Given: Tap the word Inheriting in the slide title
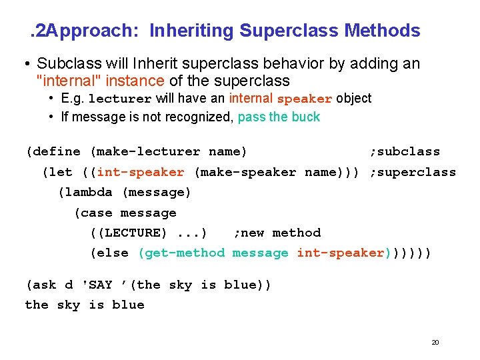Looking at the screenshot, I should tap(191, 31).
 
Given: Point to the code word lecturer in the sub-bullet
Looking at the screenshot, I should tap(120, 99).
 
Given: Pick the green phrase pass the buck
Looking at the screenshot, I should tap(279, 117).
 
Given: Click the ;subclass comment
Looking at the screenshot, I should tap(405, 151).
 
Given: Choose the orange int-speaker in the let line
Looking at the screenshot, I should tap(141, 172).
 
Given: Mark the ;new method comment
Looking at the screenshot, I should tap(277, 233).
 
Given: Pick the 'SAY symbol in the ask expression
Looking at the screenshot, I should tap(97, 285).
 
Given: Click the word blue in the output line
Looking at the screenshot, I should tap(128, 305).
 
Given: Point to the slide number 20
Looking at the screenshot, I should tap(435, 342).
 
